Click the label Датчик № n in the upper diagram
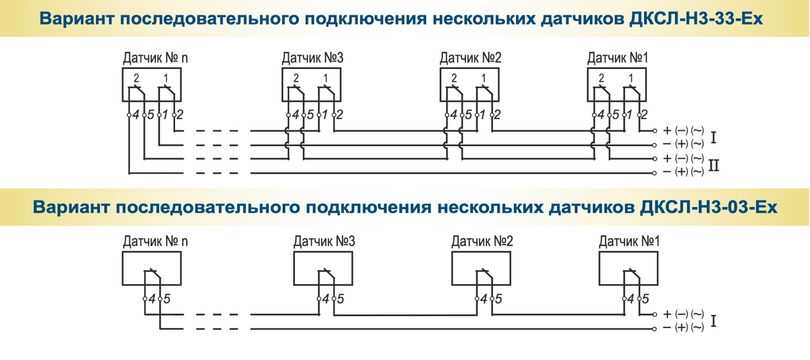pyautogui.click(x=155, y=58)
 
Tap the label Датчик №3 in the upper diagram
pyautogui.click(x=313, y=58)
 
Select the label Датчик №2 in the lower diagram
pyautogui.click(x=482, y=241)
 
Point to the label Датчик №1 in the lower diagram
pyautogui.click(x=629, y=241)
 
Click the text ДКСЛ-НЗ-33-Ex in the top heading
pyautogui.click(x=696, y=19)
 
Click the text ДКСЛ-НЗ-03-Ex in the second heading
pyautogui.click(x=708, y=207)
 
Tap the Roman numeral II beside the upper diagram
pyautogui.click(x=714, y=165)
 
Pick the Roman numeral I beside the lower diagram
pyautogui.click(x=713, y=321)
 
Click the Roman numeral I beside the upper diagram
pyautogui.click(x=713, y=137)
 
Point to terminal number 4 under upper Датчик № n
pyautogui.click(x=136, y=115)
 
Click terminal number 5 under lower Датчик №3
pyautogui.click(x=340, y=299)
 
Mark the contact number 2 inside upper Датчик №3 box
pyautogui.click(x=296, y=78)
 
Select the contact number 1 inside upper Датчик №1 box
pyautogui.click(x=631, y=78)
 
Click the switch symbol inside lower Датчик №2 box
pyautogui.click(x=485, y=276)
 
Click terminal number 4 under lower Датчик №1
pyautogui.click(x=631, y=299)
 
